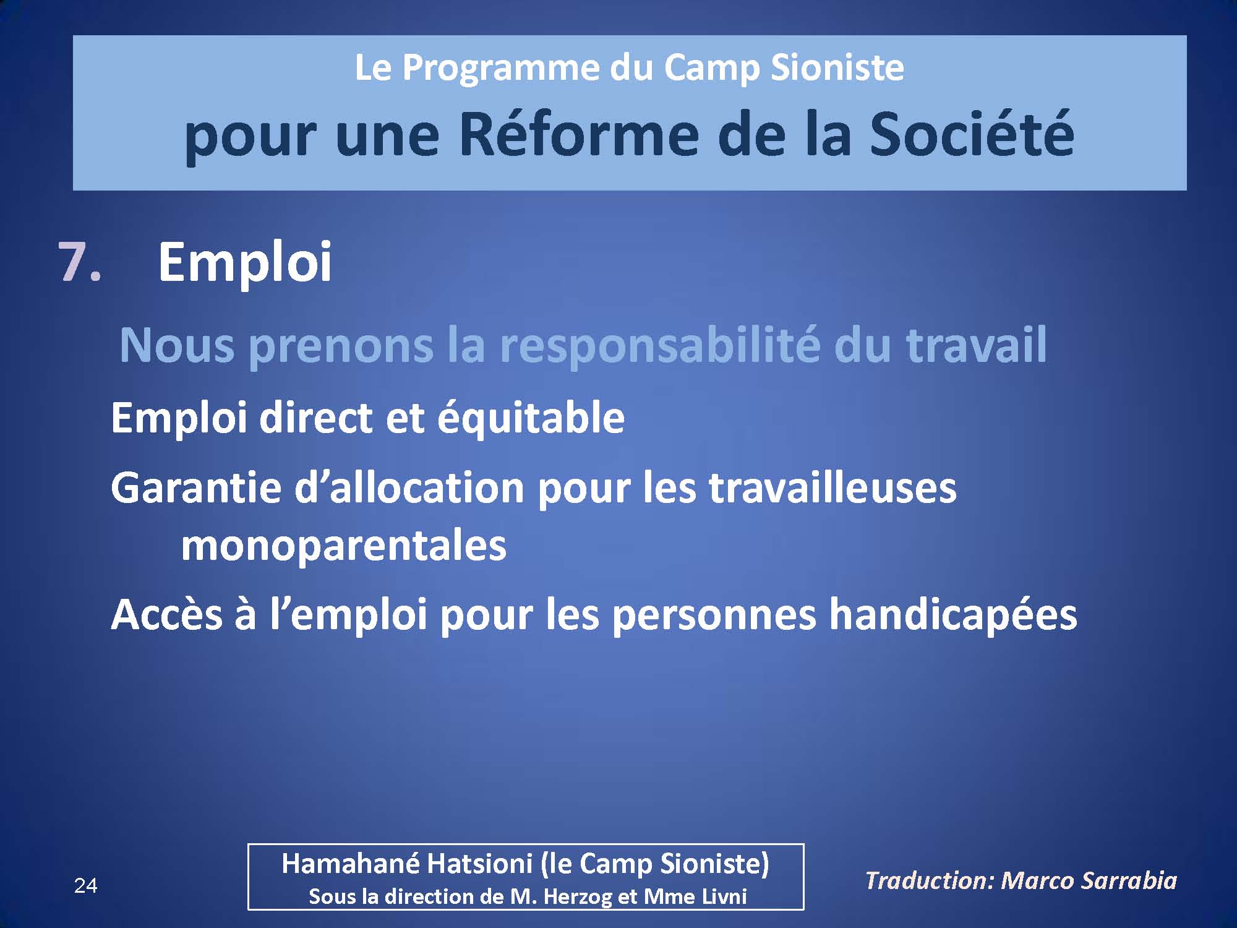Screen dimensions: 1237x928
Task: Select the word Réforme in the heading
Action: coord(579,134)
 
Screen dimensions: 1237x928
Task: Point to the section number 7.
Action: coord(80,262)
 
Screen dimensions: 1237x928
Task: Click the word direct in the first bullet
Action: coord(316,418)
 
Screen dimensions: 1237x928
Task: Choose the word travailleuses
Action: coord(832,488)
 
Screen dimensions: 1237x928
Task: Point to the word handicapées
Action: coord(953,616)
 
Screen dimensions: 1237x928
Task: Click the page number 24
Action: coord(85,886)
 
